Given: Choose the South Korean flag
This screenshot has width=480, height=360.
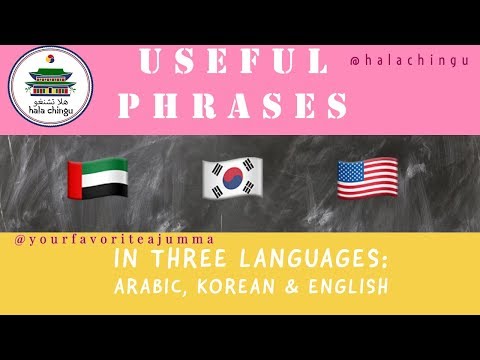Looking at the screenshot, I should pyautogui.click(x=231, y=177).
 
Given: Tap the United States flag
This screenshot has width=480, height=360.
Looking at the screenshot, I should pyautogui.click(x=368, y=177).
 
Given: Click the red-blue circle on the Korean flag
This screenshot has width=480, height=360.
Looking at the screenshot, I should pyautogui.click(x=231, y=177).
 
